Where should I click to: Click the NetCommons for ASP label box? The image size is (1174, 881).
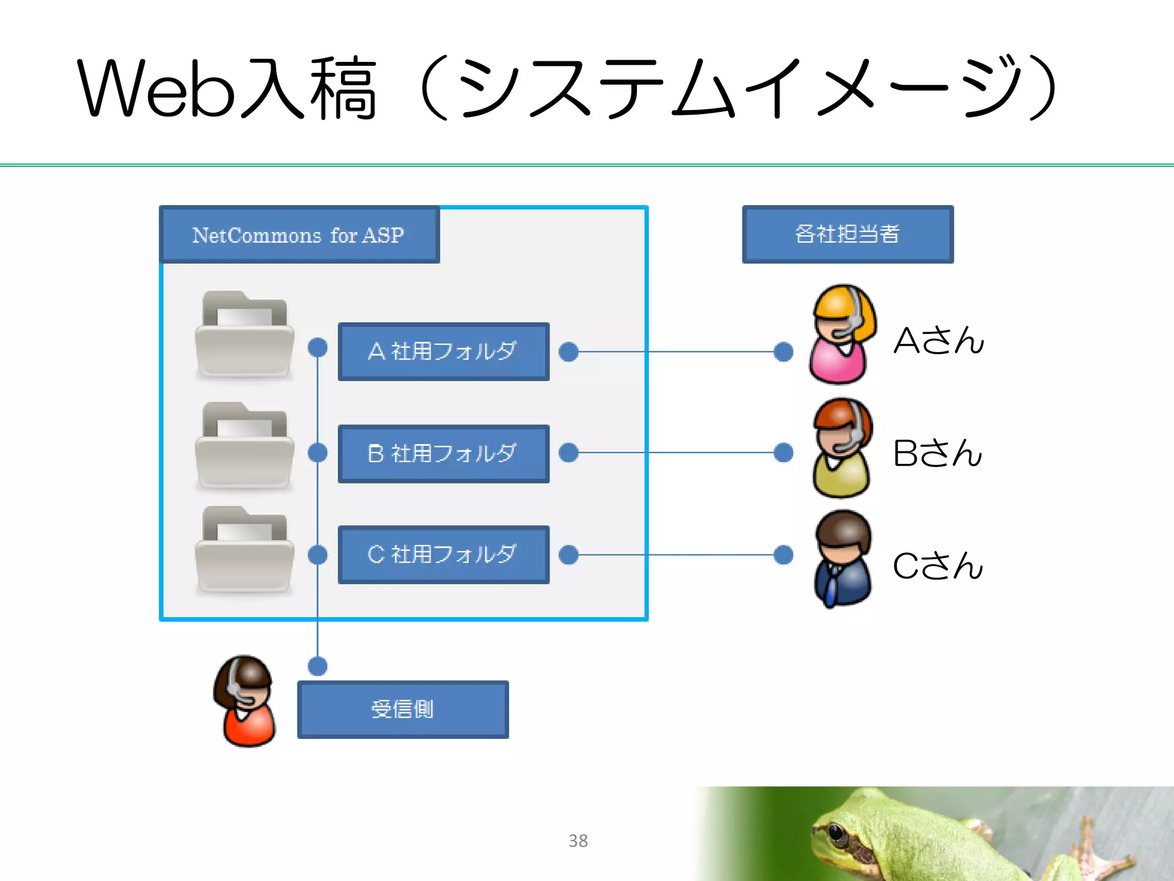point(299,235)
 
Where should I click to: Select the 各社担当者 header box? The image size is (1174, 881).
point(847,234)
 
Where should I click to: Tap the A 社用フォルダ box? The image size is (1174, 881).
point(443,352)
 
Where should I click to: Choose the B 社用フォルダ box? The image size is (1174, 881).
point(443,454)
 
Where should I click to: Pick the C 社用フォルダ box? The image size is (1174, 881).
point(443,555)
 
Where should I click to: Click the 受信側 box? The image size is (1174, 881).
point(402,710)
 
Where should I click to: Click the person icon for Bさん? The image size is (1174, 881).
point(842,448)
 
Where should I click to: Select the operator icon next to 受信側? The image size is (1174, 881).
point(245,701)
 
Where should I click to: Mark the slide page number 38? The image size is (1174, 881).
point(578,841)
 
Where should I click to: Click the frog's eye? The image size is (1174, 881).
point(838,831)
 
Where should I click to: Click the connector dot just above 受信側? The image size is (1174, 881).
point(318,666)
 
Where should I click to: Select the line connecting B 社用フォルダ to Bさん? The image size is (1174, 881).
point(676,453)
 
